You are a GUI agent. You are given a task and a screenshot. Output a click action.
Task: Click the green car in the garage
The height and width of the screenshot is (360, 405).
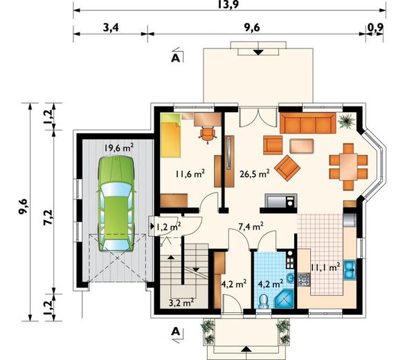(116, 204)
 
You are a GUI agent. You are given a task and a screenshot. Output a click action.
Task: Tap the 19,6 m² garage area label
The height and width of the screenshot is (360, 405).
(119, 148)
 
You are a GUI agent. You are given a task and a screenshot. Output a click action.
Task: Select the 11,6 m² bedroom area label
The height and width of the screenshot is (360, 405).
(190, 174)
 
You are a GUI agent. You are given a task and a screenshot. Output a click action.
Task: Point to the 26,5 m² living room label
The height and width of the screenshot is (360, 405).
(255, 174)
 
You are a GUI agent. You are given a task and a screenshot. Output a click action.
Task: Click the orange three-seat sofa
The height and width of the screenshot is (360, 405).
(308, 123)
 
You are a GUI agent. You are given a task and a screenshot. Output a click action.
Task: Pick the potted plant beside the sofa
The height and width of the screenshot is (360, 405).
(346, 121)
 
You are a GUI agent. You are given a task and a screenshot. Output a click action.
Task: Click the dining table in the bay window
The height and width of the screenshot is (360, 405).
(348, 167)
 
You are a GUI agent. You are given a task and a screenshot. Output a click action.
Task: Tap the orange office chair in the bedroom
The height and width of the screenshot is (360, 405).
(208, 134)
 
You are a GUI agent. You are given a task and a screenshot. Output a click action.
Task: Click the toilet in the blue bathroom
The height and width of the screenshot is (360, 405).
(264, 301)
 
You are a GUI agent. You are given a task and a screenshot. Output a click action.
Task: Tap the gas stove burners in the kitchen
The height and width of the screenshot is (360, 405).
(303, 280)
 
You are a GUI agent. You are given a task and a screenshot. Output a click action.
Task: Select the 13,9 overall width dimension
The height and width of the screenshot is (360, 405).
(228, 4)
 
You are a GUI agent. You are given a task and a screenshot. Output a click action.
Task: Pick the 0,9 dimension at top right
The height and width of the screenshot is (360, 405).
(375, 28)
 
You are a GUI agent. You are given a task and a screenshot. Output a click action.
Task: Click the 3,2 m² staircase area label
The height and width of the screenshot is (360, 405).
(181, 303)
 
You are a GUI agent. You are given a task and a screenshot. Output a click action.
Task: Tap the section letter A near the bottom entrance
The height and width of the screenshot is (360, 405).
(175, 332)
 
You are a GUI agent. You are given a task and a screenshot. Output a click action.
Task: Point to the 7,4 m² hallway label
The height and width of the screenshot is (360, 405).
(251, 227)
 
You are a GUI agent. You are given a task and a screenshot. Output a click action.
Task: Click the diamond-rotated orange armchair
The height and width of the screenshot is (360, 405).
(287, 168)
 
